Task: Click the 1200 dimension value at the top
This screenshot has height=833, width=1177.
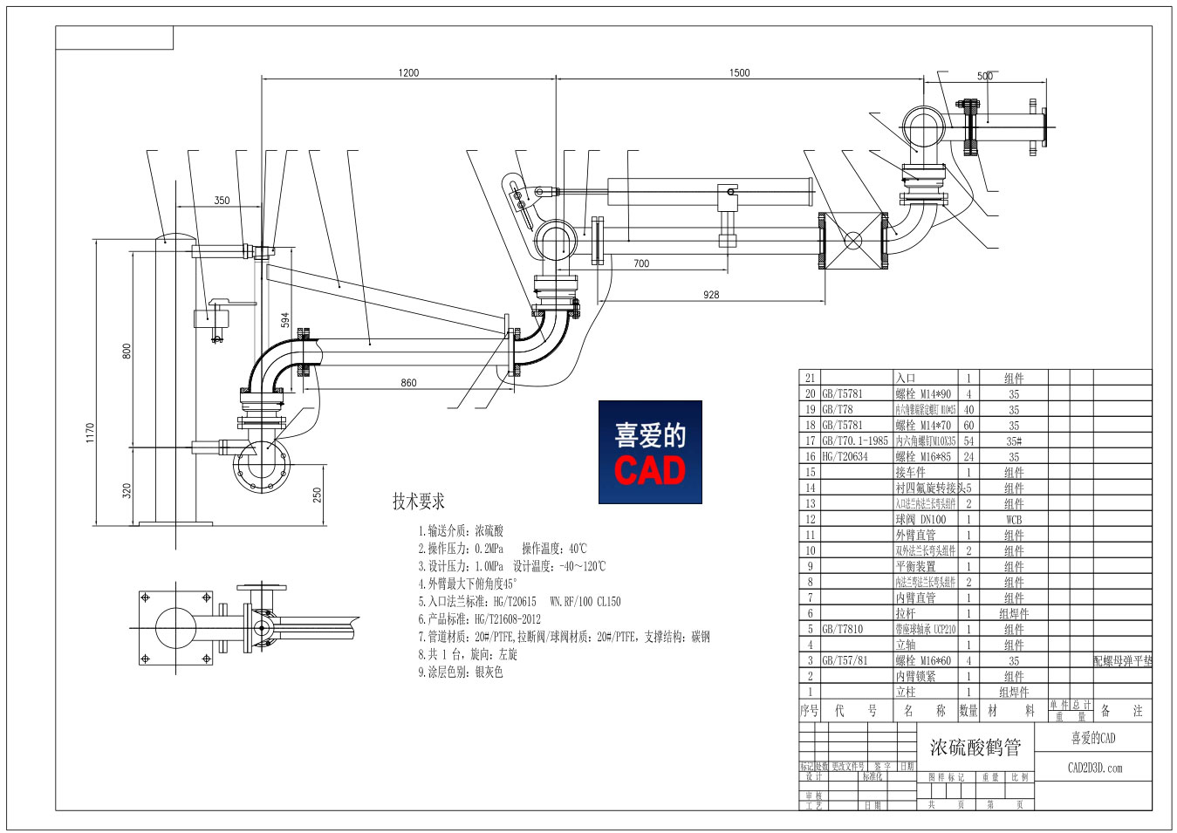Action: click(408, 73)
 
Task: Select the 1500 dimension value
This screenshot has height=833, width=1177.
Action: click(739, 73)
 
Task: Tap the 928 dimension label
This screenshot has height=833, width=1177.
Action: click(711, 295)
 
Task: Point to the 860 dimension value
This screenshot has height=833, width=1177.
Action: click(408, 383)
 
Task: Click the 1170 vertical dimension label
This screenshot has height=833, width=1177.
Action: click(90, 433)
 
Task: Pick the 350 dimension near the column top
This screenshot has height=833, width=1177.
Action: click(222, 201)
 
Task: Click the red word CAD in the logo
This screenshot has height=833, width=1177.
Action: click(649, 471)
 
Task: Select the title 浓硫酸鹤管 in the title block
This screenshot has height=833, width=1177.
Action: click(975, 748)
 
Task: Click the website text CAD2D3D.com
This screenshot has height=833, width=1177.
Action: click(1094, 768)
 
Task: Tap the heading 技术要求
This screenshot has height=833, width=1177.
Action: click(419, 502)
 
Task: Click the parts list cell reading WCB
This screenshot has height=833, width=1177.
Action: click(1013, 520)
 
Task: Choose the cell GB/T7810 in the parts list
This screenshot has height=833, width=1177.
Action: click(842, 629)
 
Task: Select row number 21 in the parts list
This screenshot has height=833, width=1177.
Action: click(810, 378)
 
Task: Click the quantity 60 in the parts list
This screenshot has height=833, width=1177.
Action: click(968, 425)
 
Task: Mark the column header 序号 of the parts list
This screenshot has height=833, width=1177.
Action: click(810, 711)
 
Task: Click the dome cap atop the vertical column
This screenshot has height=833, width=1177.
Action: click(175, 237)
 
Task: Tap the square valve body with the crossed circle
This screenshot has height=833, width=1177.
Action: click(853, 240)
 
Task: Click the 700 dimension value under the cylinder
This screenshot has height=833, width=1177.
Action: click(641, 263)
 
